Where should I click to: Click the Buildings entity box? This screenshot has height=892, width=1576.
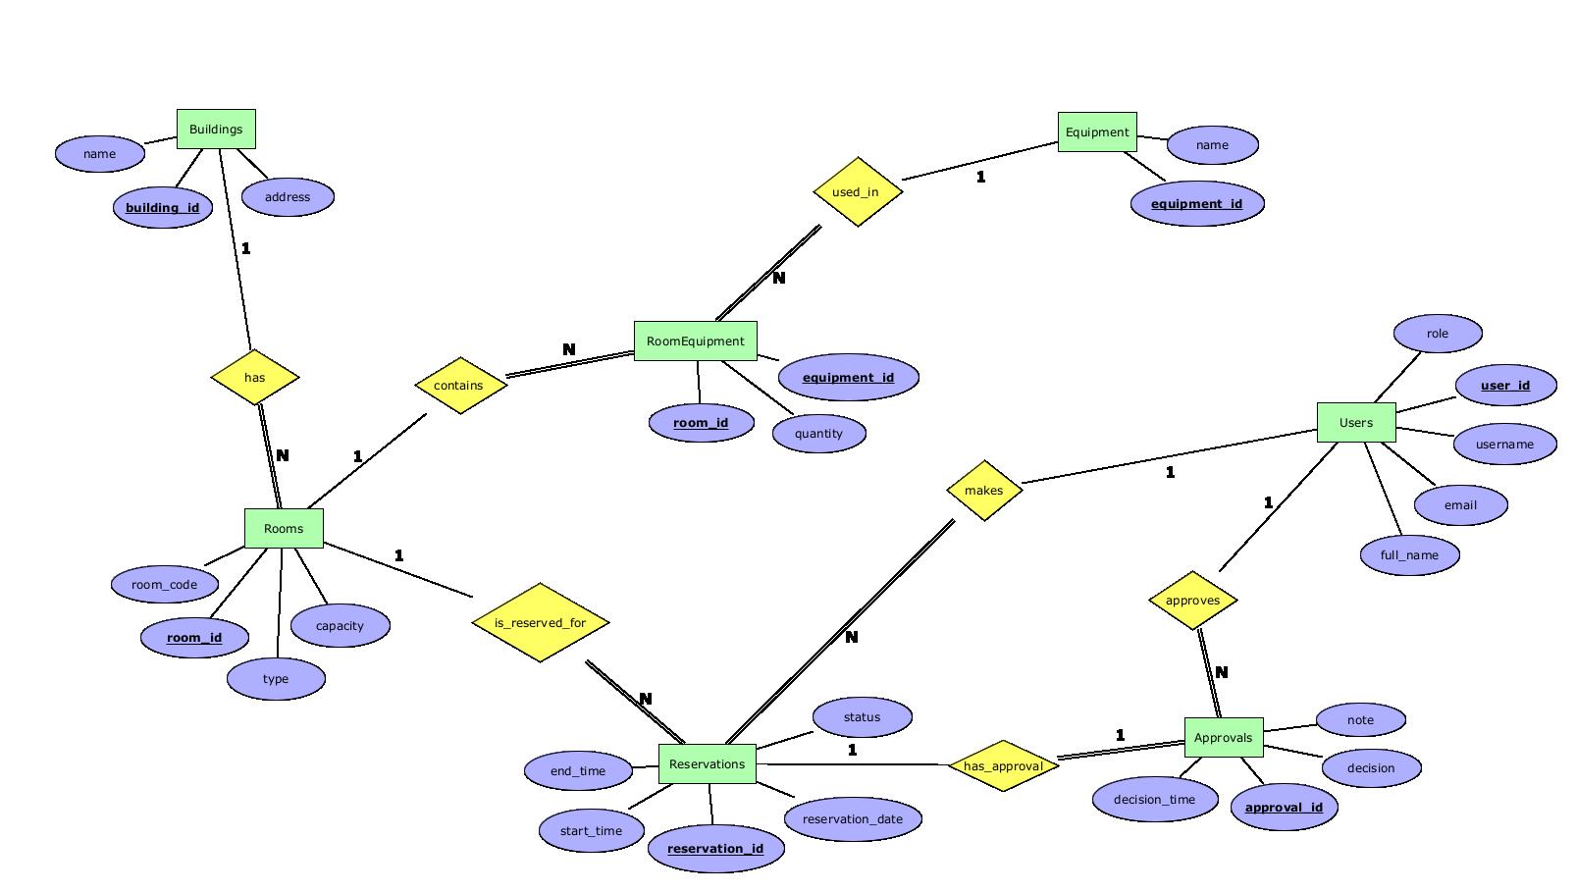pyautogui.click(x=216, y=129)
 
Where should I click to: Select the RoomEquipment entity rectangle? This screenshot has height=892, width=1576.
pyautogui.click(x=695, y=341)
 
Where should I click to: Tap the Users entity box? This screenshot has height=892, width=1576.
pyautogui.click(x=1355, y=422)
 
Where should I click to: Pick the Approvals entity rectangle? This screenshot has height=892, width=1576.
pyautogui.click(x=1223, y=737)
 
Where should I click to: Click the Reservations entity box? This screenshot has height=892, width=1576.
pyautogui.click(x=707, y=763)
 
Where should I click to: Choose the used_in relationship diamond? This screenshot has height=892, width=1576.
pyautogui.click(x=857, y=191)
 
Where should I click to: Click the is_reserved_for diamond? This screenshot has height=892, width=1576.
pyautogui.click(x=540, y=622)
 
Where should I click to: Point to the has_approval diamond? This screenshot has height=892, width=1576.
pyautogui.click(x=1003, y=765)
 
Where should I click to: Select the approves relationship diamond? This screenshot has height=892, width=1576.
pyautogui.click(x=1192, y=600)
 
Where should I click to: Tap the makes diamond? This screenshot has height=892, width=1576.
pyautogui.click(x=983, y=490)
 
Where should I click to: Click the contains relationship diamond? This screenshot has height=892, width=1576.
pyautogui.click(x=459, y=385)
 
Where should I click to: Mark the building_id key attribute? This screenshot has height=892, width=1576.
pyautogui.click(x=162, y=207)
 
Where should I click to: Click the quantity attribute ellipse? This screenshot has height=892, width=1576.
pyautogui.click(x=818, y=433)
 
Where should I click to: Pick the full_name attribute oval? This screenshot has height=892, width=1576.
pyautogui.click(x=1409, y=554)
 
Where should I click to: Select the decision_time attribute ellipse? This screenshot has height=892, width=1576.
pyautogui.click(x=1154, y=799)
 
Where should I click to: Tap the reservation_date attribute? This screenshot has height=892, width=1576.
pyautogui.click(x=852, y=818)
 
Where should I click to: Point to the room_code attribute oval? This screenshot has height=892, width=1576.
pyautogui.click(x=165, y=584)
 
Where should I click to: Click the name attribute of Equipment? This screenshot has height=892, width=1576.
pyautogui.click(x=1212, y=144)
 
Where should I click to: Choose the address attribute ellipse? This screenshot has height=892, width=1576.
pyautogui.click(x=288, y=196)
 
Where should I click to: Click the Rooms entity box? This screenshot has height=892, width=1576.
pyautogui.click(x=284, y=528)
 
